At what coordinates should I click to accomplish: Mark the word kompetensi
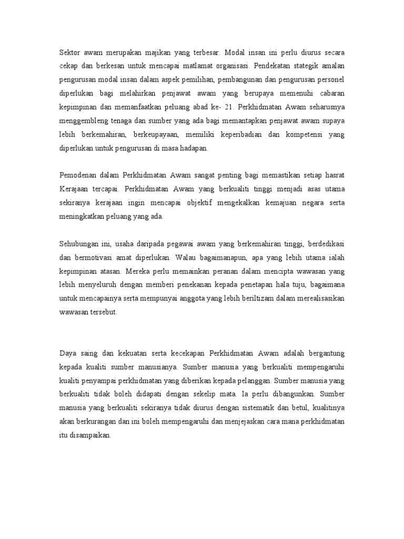(305, 135)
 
